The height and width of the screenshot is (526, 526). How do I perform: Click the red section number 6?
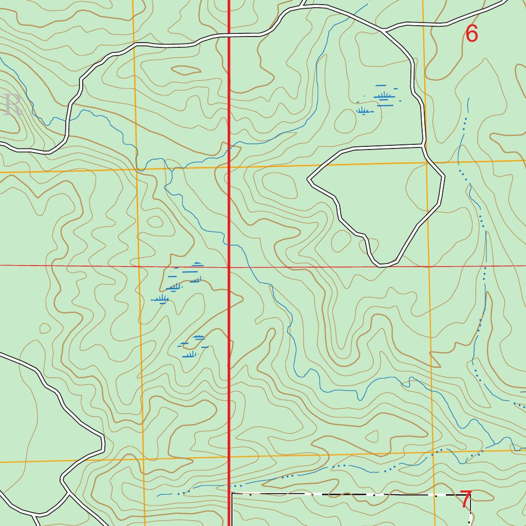(472, 34)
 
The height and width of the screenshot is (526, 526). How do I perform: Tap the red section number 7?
(465, 500)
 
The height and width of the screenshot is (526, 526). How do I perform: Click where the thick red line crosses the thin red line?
(229, 267)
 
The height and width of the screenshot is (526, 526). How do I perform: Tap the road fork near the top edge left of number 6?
(384, 30)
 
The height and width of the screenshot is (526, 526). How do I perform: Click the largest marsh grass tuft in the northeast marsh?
(384, 96)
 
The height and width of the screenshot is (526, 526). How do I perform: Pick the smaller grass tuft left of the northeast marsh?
(364, 110)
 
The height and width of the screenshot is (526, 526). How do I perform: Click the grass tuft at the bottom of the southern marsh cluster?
(191, 354)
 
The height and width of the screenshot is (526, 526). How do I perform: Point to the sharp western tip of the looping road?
(308, 180)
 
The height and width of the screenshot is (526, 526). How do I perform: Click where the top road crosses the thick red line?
(229, 35)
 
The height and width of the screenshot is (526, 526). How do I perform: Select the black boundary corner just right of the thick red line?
(232, 494)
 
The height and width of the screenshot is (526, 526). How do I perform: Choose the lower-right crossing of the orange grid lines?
(433, 452)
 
